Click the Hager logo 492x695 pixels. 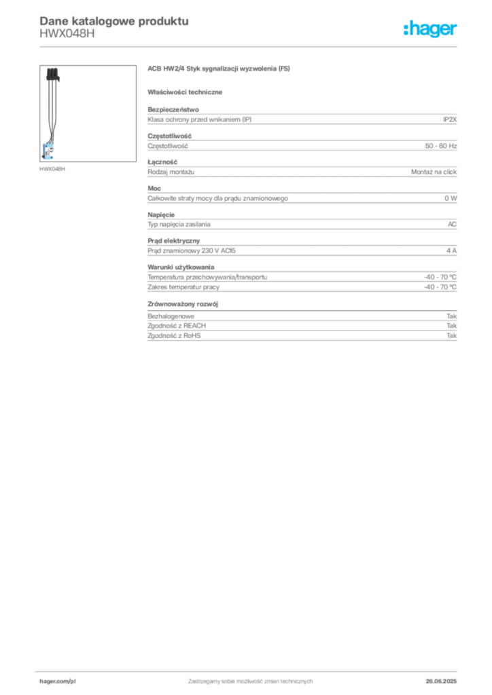point(429,29)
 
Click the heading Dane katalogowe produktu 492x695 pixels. point(114,21)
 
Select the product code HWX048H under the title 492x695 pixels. point(67,33)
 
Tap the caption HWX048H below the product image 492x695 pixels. point(52,169)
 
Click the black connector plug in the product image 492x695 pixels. point(52,74)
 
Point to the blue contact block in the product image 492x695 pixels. point(48,151)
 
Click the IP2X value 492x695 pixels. point(449,119)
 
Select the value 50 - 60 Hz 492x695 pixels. point(440,146)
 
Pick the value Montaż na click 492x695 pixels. point(434,172)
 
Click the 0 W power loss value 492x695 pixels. point(451,198)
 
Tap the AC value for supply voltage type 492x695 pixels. point(452,224)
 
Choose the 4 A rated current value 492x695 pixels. point(451,250)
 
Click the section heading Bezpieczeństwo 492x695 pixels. point(173,109)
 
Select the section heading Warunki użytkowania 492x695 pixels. point(181,267)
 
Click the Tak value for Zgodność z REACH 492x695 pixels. point(452,326)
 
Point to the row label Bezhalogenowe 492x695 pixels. point(171,316)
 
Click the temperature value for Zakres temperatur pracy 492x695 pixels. point(440,287)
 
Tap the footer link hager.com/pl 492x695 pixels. point(58,681)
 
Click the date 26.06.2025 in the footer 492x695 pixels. point(441,681)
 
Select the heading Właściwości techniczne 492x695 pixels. point(185,92)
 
